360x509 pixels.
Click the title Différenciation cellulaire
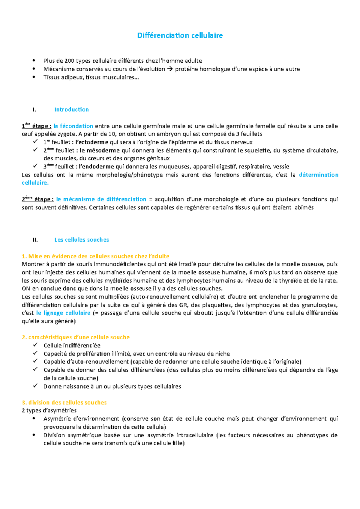tap(180, 35)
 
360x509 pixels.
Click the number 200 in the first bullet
tap(69, 61)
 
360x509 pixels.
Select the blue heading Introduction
tap(71, 110)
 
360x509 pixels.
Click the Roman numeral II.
tap(35, 240)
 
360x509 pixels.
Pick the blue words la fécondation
tap(73, 126)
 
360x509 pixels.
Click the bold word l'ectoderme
tap(91, 142)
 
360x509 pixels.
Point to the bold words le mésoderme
tap(100, 150)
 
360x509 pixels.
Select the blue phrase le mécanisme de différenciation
tap(101, 199)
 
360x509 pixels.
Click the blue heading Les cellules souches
tap(81, 240)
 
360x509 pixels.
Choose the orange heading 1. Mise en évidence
tap(95, 256)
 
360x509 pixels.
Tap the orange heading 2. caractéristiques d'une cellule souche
tap(76, 337)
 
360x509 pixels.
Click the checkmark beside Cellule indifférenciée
tap(35, 345)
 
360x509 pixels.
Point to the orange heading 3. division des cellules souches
tap(64, 403)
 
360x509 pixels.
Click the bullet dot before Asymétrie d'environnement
tap(35, 418)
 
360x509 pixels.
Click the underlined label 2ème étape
tap(38, 199)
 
